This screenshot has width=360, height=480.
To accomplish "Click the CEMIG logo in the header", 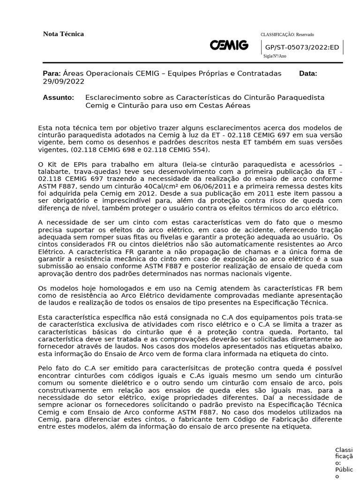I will tap(229, 45).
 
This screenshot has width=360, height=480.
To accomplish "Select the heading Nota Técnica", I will tap(63, 34).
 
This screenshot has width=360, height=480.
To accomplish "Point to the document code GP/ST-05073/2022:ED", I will tap(302, 47).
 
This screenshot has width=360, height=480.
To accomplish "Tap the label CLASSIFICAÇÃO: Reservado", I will tap(287, 35).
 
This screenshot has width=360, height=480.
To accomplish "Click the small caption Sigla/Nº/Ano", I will tap(275, 56).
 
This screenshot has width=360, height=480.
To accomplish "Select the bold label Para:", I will tap(52, 74).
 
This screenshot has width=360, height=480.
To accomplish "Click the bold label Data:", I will tap(308, 74).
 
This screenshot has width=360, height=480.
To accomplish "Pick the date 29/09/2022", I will tap(64, 81).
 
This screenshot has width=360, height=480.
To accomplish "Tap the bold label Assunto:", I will tap(58, 97).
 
